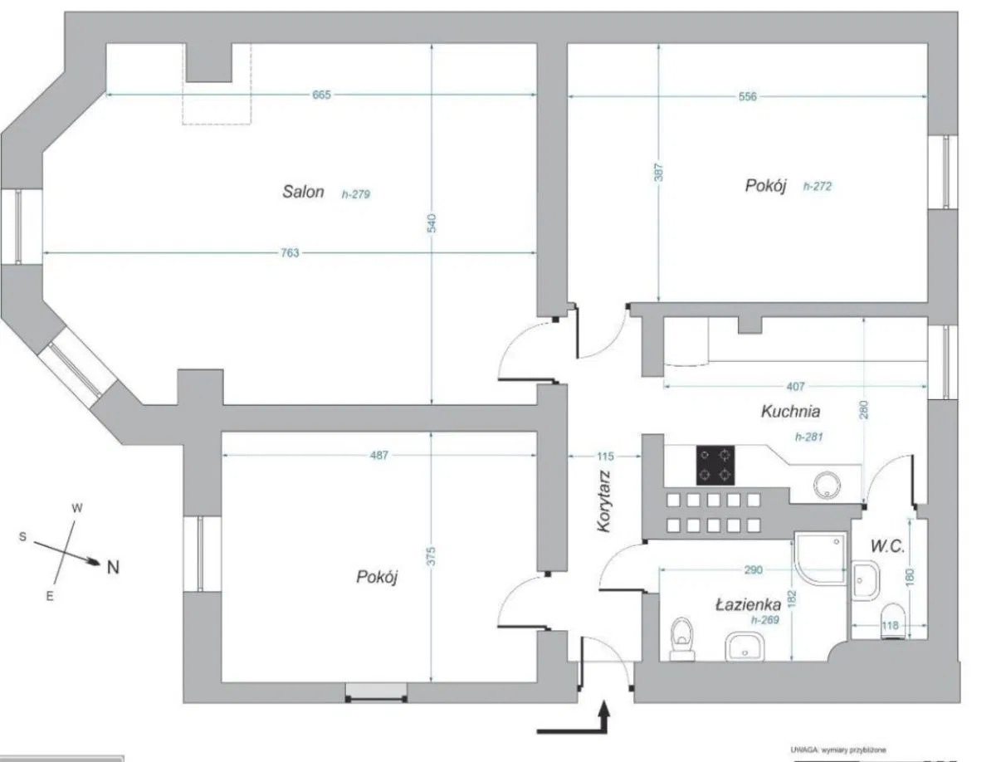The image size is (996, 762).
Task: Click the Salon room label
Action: [x=302, y=192]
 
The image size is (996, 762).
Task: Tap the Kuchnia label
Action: [x=790, y=411]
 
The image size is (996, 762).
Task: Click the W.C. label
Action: [x=886, y=546]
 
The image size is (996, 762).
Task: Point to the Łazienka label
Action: [x=747, y=605]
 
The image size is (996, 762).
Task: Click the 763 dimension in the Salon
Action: [x=289, y=252]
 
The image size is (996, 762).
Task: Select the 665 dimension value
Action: [x=322, y=95]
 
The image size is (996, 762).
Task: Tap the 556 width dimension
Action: [x=747, y=96]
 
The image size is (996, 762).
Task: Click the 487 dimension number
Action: [x=379, y=455]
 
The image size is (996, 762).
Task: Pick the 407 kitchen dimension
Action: [x=795, y=386]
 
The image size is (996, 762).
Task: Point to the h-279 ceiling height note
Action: [x=355, y=195]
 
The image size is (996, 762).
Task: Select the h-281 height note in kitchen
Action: [x=809, y=437]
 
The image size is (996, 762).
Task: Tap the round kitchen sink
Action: [x=828, y=484]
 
